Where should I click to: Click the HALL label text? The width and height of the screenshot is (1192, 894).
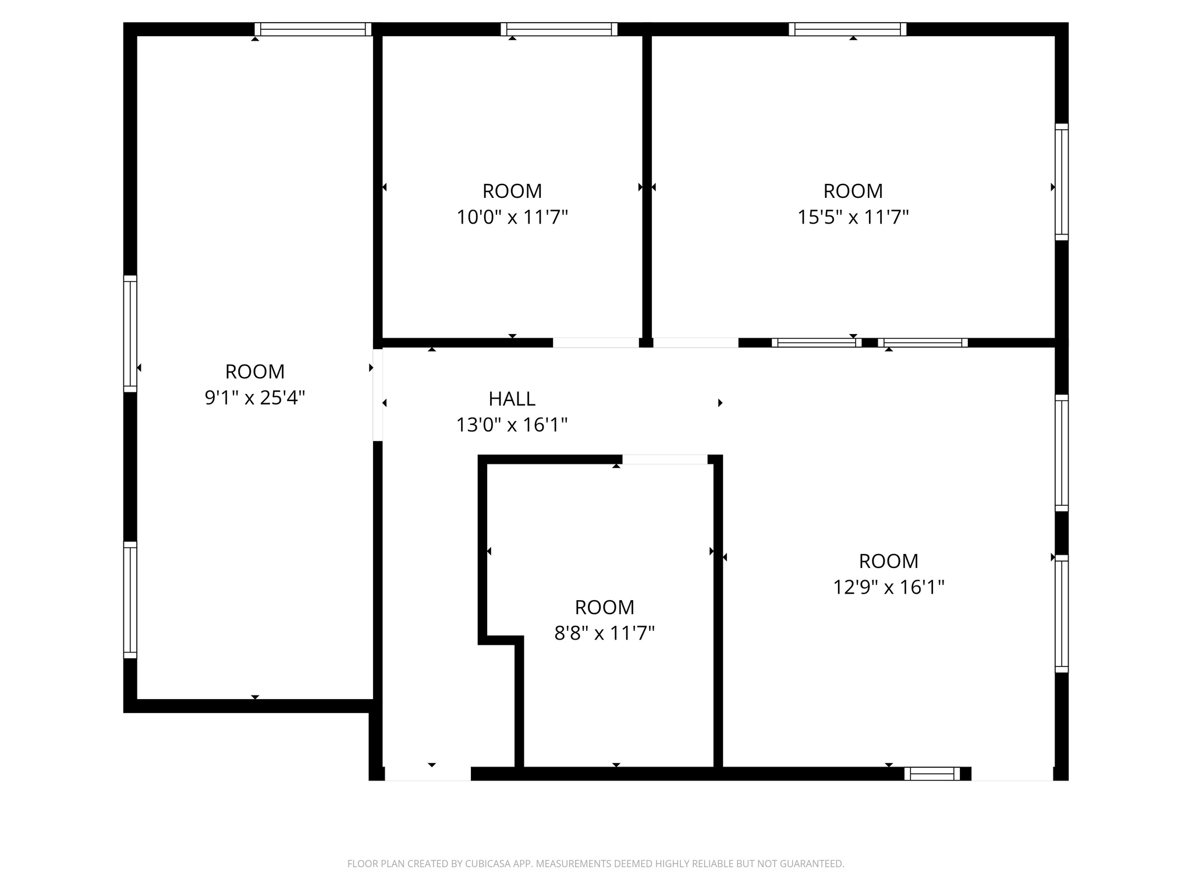click(512, 399)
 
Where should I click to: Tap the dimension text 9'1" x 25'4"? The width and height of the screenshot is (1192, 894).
click(255, 398)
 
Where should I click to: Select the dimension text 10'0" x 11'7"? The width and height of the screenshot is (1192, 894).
click(512, 217)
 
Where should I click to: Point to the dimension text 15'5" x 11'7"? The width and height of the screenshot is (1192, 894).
click(853, 217)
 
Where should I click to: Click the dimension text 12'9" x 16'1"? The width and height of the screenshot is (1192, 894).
click(888, 587)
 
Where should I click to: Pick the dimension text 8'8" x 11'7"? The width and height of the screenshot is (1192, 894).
click(604, 633)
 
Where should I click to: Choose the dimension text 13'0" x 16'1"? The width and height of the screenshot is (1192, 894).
click(512, 425)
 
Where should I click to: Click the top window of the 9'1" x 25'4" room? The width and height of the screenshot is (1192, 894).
click(313, 29)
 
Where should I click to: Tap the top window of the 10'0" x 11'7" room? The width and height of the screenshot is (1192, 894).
click(559, 29)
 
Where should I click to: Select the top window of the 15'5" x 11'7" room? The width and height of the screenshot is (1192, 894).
click(847, 29)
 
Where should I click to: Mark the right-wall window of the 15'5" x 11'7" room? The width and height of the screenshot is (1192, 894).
click(1062, 182)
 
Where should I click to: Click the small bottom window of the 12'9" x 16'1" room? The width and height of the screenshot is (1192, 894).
click(932, 774)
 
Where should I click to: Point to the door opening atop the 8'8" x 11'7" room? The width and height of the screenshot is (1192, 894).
click(665, 459)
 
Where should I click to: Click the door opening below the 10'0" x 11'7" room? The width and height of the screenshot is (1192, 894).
click(595, 343)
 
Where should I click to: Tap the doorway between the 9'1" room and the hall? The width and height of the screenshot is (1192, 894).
click(378, 395)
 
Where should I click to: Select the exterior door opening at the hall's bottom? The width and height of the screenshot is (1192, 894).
click(428, 774)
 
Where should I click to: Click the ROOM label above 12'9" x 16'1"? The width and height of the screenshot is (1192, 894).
click(888, 561)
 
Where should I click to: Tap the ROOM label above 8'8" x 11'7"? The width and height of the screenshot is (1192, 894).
click(604, 607)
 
